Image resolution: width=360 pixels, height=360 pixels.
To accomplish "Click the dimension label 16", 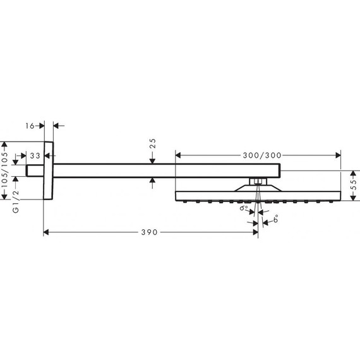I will tap(30, 126).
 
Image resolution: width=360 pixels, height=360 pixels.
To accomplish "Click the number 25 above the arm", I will tap(152, 146).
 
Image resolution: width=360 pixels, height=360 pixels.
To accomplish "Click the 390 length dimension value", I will tap(148, 232).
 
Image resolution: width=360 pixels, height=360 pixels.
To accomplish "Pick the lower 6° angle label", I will tap(275, 221).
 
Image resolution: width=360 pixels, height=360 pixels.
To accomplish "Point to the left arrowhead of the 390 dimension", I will tap(47, 232).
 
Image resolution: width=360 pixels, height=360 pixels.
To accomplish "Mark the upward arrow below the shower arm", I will tap(152, 181).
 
